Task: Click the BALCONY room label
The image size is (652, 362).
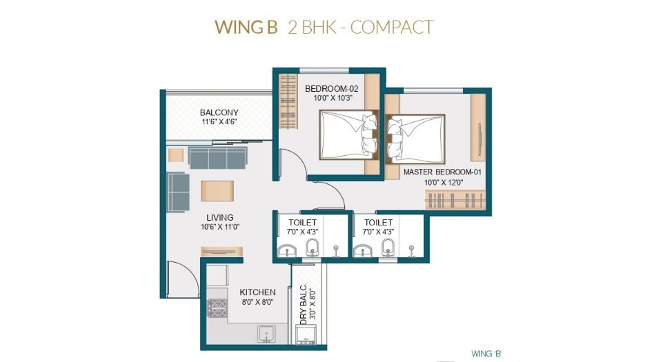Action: (x=219, y=112)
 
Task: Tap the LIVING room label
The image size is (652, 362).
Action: (x=219, y=217)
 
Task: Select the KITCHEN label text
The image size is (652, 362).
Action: (x=257, y=292)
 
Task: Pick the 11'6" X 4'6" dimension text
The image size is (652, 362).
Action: (x=219, y=122)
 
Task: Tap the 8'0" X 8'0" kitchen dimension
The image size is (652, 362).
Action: (x=257, y=302)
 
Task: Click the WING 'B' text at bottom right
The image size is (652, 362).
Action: (x=486, y=353)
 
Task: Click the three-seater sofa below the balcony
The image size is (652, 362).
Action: (x=217, y=157)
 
